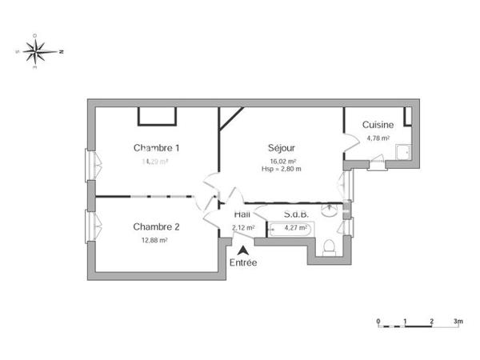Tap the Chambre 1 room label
(156, 147)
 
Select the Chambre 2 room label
(156, 226)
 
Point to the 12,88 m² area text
(155, 239)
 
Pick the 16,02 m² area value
(281, 160)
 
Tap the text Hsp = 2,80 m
(281, 168)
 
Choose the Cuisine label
(378, 125)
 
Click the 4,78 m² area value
(378, 138)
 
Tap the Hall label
(242, 214)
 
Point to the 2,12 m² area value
(242, 227)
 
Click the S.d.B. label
(297, 214)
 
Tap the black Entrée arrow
(243, 251)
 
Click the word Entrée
(243, 263)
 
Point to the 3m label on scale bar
(458, 321)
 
